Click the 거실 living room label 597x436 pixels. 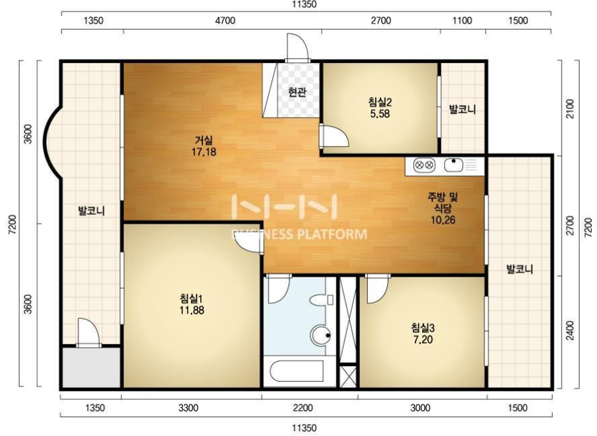pos(204,141)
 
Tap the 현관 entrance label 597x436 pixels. pos(297,92)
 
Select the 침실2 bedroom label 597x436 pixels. pos(380,102)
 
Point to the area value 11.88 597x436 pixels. pos(192,311)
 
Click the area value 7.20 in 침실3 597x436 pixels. pos(423,339)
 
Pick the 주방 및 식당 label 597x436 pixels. pos(443,202)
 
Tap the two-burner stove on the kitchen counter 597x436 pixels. pos(424,165)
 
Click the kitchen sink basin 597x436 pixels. pos(454,165)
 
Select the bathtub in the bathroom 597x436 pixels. pos(296,371)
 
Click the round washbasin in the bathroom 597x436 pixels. pos(320,336)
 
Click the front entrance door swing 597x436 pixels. pos(297,47)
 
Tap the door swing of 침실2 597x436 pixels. pos(334,136)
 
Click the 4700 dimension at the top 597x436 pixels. pos(225,20)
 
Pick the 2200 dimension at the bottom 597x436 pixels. pos(303,409)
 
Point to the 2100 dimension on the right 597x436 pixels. pos(570,108)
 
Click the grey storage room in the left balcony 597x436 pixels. pos(91,368)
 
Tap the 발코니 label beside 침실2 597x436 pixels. pos(462,110)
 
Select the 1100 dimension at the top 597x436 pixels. pos(462,20)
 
